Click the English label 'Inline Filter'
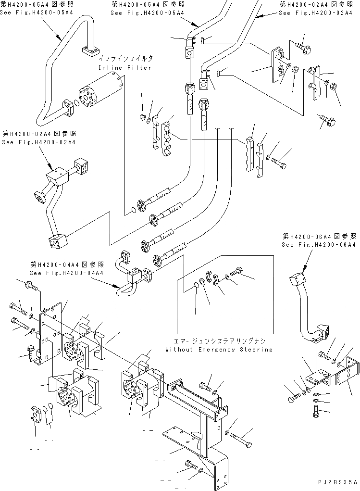pos(125,68)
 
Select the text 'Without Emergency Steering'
pos(219,350)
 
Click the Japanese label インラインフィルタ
pos(126,59)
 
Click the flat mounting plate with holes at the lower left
pos(51,332)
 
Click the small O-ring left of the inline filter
pos(77,103)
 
